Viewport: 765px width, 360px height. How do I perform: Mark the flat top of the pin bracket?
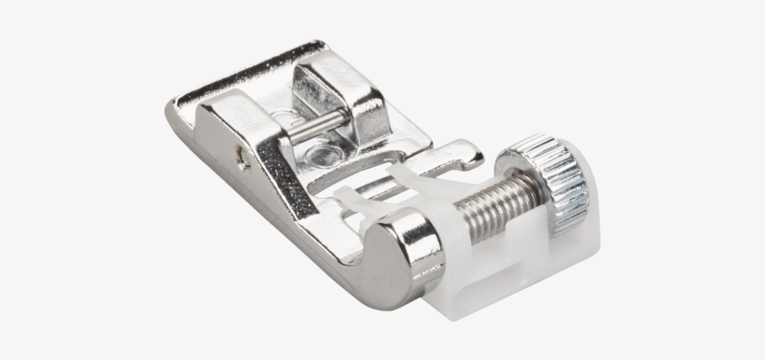tap(331, 70)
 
